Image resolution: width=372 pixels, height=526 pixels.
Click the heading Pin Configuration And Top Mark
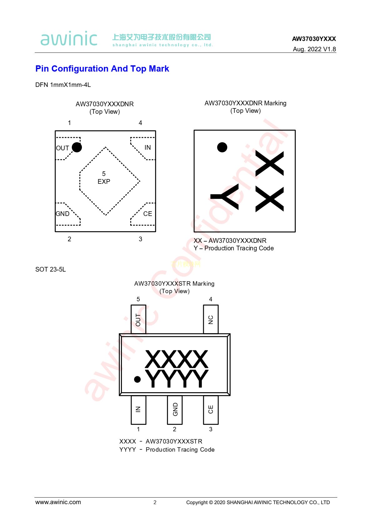[x=102, y=68]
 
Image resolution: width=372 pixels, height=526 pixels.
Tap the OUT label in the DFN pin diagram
[x=63, y=148]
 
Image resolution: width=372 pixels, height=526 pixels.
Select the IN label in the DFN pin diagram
[x=148, y=148]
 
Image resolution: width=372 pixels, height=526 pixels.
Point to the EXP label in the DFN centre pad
[x=104, y=182]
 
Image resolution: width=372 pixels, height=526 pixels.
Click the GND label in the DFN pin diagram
[x=63, y=214]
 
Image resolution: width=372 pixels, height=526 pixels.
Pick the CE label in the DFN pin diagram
[x=148, y=214]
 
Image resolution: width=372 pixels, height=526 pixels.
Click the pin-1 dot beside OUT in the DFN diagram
[x=77, y=148]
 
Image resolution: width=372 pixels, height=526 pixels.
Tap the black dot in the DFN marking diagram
[x=222, y=147]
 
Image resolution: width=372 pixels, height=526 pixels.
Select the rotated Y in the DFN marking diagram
[x=224, y=197]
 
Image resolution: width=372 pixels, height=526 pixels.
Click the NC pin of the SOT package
[x=211, y=319]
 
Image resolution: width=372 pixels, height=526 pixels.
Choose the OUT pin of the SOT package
[x=138, y=319]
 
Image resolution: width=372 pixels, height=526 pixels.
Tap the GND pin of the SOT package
[x=174, y=410]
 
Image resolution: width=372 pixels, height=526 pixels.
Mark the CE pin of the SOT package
[x=211, y=410]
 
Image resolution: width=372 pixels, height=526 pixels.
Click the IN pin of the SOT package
[x=138, y=410]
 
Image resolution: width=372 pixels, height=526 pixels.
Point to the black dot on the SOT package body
[x=137, y=379]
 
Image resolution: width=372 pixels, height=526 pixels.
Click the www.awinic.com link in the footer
[x=58, y=502]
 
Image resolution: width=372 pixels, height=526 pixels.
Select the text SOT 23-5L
[x=51, y=269]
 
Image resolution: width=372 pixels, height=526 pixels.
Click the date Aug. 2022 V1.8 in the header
[x=314, y=49]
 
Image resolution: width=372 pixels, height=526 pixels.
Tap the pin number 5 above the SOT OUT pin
[x=138, y=299]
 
